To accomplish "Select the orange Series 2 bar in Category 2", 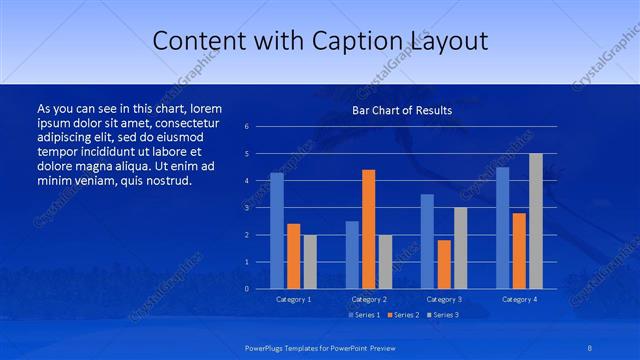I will [368, 229].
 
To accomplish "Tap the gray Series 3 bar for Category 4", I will [536, 221].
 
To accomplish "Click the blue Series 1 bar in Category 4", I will [502, 228].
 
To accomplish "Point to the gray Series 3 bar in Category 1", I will [310, 262].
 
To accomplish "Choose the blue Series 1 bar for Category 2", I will [352, 255].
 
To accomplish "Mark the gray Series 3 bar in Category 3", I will [460, 248].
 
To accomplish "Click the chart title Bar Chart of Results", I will [402, 110].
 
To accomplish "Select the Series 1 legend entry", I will [364, 315].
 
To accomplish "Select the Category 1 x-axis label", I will [293, 299].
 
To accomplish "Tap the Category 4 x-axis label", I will [519, 299].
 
